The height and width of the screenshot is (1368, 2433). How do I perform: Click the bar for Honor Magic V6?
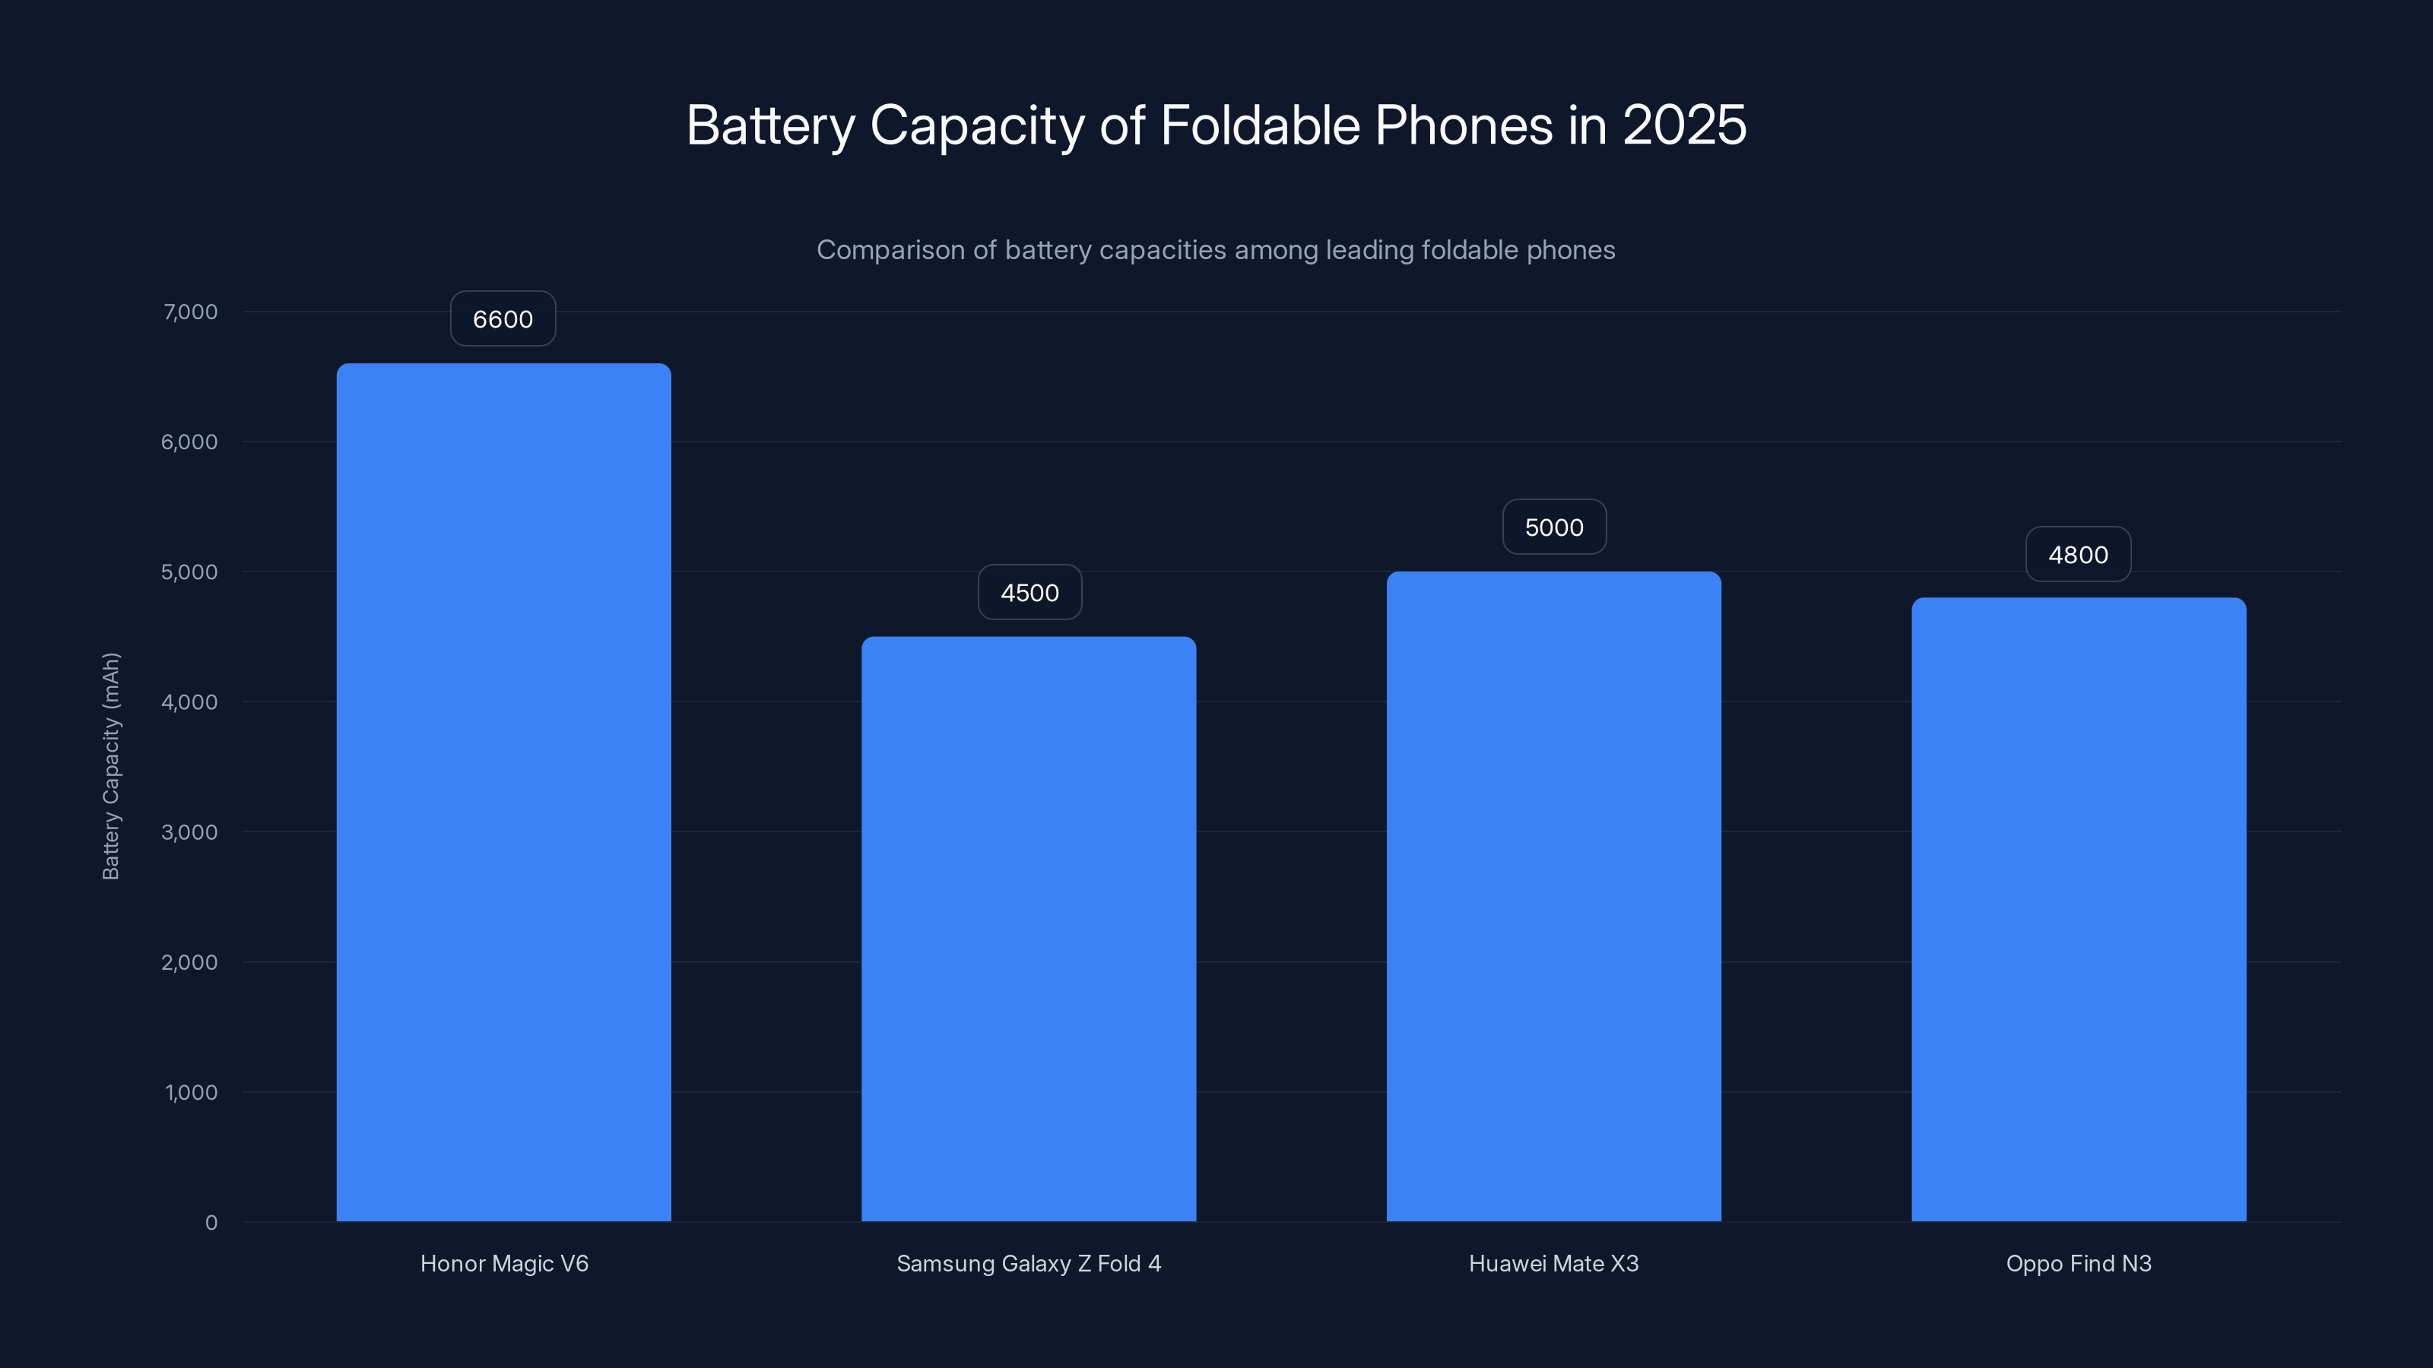[x=503, y=793]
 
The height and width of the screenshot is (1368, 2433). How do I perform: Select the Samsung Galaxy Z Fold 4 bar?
[x=1029, y=930]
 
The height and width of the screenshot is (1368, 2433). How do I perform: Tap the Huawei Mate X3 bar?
[x=1553, y=897]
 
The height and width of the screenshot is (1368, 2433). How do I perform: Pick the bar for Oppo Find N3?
[x=2079, y=910]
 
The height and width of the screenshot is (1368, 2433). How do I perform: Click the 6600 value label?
[x=503, y=319]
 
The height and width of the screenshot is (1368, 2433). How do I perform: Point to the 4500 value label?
[x=1029, y=593]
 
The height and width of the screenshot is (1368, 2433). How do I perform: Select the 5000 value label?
[x=1553, y=527]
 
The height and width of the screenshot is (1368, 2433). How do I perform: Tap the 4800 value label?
[x=2078, y=555]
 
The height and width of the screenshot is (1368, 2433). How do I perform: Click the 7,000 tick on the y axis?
[x=191, y=312]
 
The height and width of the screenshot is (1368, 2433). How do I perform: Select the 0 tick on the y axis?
[x=211, y=1224]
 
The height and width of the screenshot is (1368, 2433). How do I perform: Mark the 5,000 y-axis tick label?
[x=190, y=572]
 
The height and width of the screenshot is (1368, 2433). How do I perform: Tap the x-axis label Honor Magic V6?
[x=504, y=1264]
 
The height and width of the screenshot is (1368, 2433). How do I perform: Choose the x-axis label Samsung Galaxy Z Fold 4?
[x=1029, y=1264]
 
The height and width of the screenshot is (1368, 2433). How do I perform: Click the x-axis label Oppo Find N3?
[x=2079, y=1264]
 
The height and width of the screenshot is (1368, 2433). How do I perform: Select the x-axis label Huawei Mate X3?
[x=1553, y=1264]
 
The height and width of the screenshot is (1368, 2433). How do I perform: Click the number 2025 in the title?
[x=1684, y=125]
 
